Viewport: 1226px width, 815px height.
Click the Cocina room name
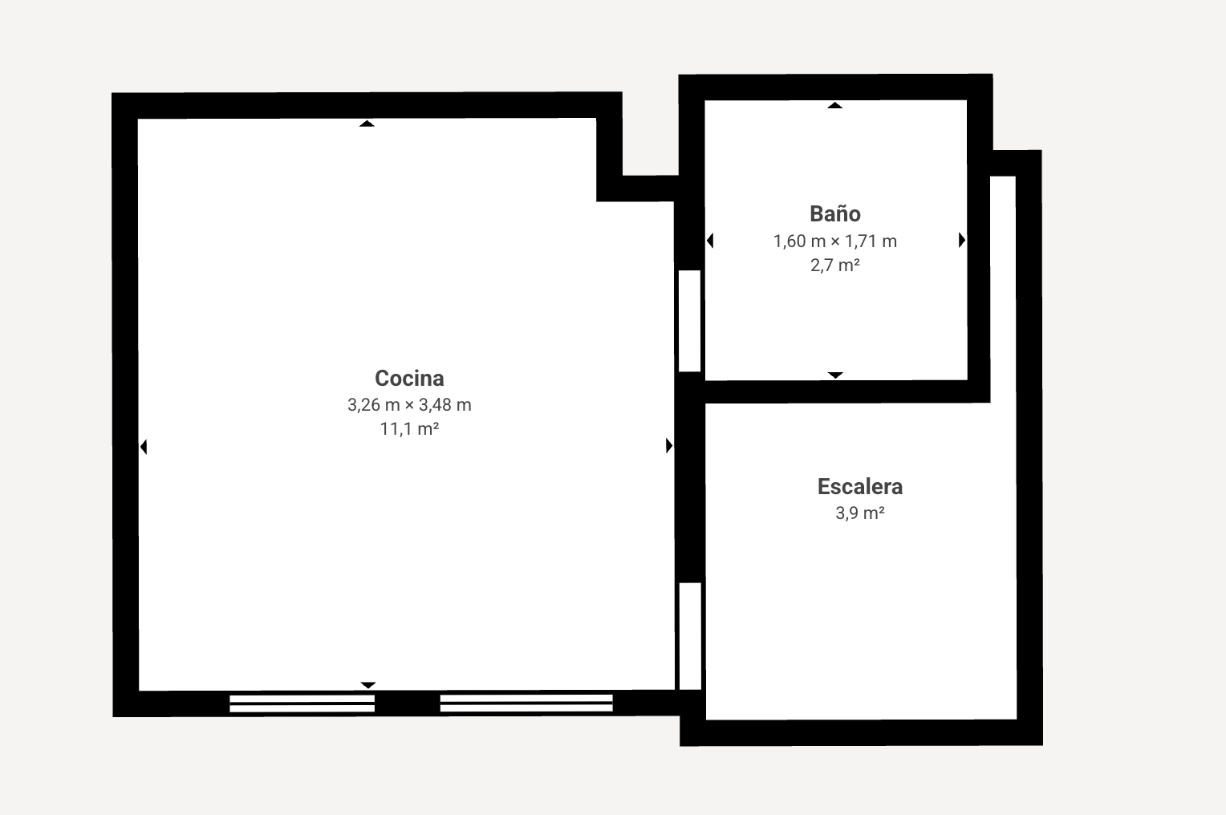409,378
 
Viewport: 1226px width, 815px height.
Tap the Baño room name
835,213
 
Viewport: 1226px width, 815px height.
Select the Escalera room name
859,486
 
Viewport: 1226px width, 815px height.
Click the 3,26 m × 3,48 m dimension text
409,405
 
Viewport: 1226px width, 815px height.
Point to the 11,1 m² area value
409,429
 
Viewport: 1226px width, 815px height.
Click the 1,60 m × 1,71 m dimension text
835,241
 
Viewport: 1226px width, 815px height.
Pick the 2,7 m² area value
835,265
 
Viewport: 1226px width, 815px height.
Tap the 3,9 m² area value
859,513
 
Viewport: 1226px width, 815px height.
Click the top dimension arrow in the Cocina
367,124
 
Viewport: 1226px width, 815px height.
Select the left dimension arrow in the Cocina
144,447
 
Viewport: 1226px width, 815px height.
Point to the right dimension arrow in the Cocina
669,446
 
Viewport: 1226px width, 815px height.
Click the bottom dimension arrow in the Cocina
367,684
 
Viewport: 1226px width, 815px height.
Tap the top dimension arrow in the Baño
835,105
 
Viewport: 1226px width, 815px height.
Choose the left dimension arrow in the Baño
709,241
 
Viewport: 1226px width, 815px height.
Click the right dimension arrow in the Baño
961,240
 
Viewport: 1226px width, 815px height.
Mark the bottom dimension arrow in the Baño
835,375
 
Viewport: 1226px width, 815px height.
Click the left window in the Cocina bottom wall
302,703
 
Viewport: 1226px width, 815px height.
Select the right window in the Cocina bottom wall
526,703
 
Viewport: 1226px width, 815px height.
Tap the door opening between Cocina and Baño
689,321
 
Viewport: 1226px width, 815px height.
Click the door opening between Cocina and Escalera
690,636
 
